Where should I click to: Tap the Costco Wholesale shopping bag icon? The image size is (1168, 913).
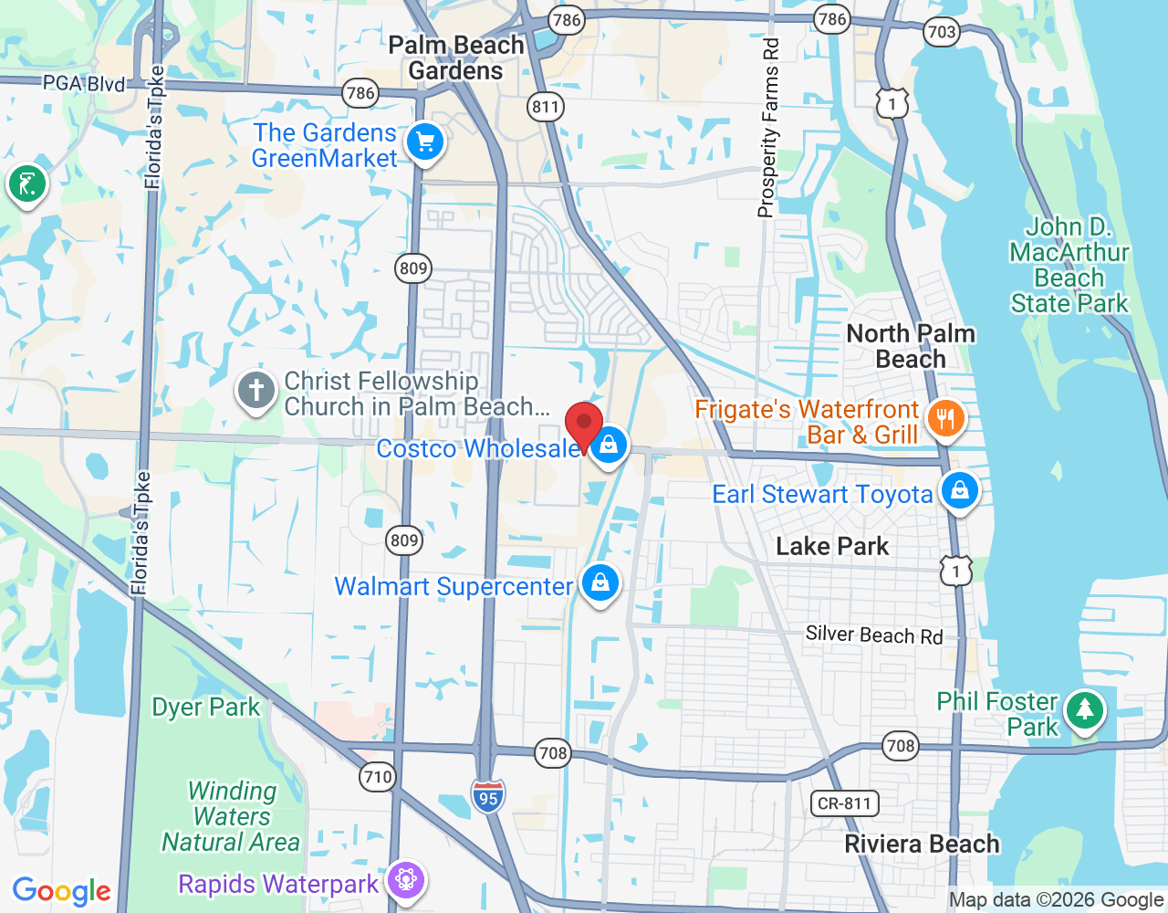[x=608, y=446]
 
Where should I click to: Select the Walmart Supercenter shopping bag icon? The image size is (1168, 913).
[x=600, y=582]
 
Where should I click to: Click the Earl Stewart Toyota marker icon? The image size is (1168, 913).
[x=959, y=491]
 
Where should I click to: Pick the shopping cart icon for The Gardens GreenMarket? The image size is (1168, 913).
[x=424, y=142]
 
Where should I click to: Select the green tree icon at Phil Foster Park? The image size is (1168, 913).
[x=1084, y=710]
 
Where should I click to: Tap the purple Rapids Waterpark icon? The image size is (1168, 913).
[x=406, y=880]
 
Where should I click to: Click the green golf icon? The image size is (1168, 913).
[x=27, y=184]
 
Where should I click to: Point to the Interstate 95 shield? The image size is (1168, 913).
[x=488, y=797]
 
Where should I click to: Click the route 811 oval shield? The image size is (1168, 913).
[x=546, y=107]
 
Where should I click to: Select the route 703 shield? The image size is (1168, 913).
[x=941, y=32]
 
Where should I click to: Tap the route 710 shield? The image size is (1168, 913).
[x=377, y=777]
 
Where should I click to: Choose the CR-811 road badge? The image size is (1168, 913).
[x=844, y=803]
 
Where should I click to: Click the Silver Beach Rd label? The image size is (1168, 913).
[x=873, y=635]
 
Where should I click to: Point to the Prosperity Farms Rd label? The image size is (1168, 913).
[x=769, y=128]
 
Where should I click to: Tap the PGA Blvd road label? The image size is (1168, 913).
[x=84, y=84]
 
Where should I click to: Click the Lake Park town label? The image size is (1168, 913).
[x=831, y=546]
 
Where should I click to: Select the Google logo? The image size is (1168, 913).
[x=62, y=891]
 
